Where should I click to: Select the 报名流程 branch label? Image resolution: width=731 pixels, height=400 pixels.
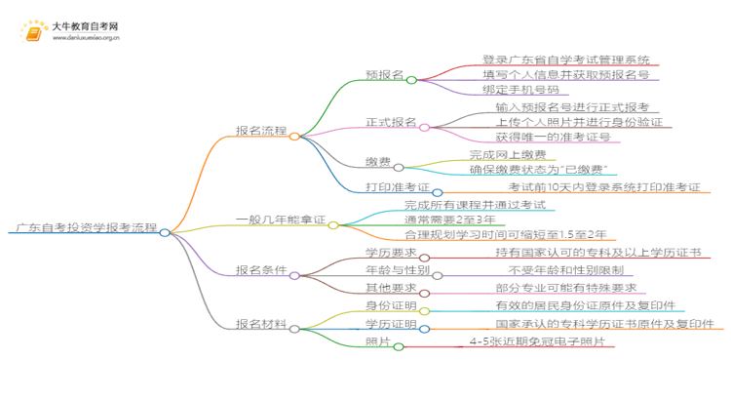point(261,130)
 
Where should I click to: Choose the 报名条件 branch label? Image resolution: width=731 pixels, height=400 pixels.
point(261,268)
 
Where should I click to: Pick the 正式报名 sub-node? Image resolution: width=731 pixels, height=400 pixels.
point(389,122)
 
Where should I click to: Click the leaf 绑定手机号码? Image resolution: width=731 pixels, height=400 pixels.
point(528,90)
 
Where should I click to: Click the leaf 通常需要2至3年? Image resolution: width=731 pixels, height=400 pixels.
point(451,220)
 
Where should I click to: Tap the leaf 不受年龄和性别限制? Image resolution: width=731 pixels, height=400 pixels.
point(564,269)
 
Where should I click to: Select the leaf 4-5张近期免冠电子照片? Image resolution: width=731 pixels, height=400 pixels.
point(536,341)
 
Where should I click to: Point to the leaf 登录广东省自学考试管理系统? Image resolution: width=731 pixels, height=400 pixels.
point(566,60)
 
